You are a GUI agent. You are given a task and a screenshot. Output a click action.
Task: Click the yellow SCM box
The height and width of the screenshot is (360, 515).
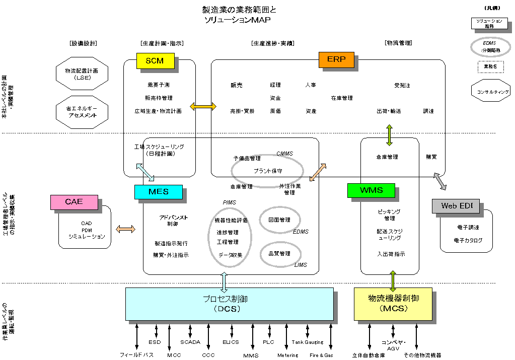pyautogui.click(x=155, y=61)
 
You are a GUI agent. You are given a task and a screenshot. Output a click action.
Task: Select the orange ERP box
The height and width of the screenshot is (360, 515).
pyautogui.click(x=336, y=59)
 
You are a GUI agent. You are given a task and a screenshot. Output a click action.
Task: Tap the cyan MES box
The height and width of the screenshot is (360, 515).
pyautogui.click(x=158, y=192)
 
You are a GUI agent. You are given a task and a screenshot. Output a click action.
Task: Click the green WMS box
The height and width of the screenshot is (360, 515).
pyautogui.click(x=371, y=190)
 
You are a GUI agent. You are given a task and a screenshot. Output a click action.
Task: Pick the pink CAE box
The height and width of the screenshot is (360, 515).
pyautogui.click(x=73, y=202)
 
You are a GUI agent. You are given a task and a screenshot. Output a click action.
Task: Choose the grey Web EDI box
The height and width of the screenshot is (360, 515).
pyautogui.click(x=456, y=206)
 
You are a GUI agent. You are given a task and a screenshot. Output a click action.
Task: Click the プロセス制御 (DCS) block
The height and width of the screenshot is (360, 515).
pyautogui.click(x=229, y=304)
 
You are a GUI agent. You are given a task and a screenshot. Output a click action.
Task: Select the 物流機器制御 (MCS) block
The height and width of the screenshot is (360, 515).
pyautogui.click(x=393, y=304)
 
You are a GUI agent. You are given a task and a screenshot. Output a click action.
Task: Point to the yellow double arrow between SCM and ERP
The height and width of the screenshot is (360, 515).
pyautogui.click(x=203, y=106)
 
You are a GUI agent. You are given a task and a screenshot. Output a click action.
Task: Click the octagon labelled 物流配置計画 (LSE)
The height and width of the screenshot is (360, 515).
pyautogui.click(x=81, y=75)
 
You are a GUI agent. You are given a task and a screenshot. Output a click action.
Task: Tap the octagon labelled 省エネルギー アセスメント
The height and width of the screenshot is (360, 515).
pyautogui.click(x=82, y=111)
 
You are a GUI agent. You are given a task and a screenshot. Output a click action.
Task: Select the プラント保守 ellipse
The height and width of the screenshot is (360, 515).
pyautogui.click(x=267, y=171)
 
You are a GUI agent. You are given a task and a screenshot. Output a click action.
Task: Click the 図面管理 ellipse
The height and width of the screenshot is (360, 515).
pyautogui.click(x=280, y=220)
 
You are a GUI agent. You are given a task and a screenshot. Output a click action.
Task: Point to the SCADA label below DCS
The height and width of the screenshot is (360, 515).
pyautogui.click(x=190, y=342)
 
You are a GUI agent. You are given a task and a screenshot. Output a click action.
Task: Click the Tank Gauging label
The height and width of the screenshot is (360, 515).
pyautogui.click(x=307, y=342)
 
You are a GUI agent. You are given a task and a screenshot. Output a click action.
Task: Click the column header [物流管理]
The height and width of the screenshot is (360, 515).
pyautogui.click(x=398, y=43)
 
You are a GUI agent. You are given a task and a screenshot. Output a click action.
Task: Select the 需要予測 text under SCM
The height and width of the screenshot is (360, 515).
pyautogui.click(x=158, y=85)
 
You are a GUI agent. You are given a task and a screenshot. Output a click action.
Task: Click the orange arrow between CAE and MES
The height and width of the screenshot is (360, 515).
pyautogui.click(x=125, y=230)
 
